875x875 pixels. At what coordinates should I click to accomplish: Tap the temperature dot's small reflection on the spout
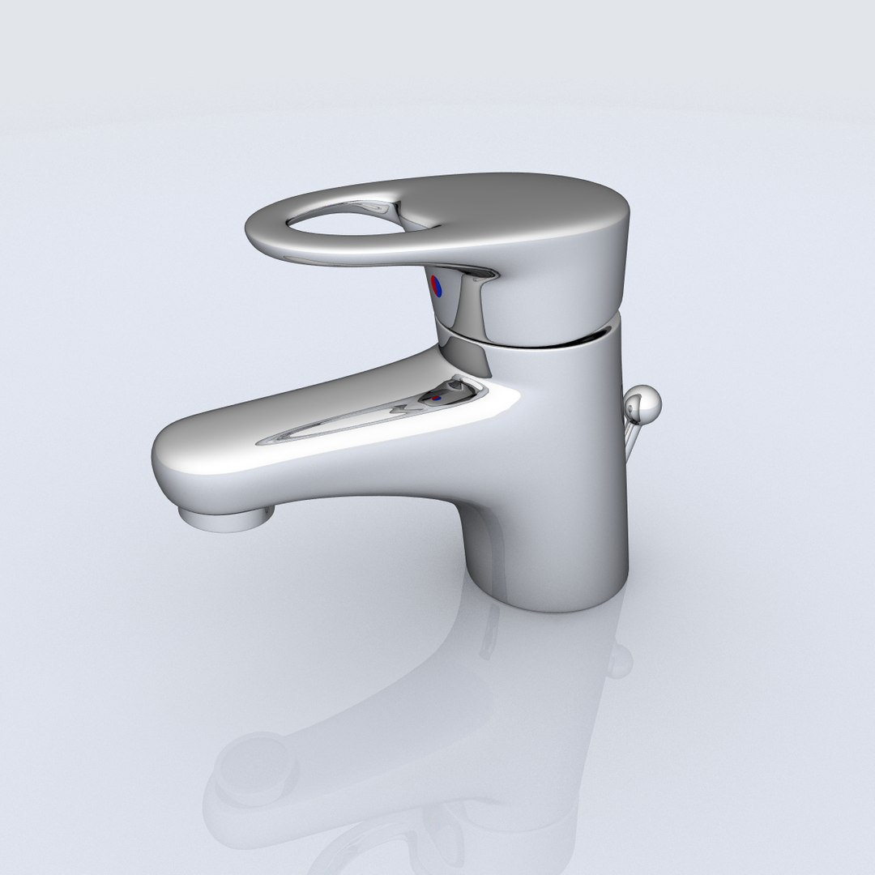437,398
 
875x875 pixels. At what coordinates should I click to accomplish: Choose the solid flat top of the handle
527,203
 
